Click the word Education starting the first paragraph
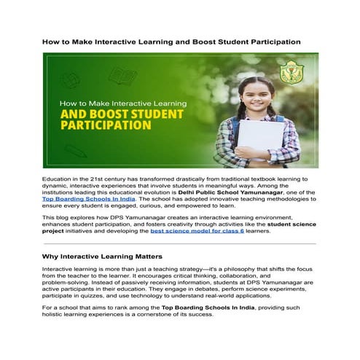[x=60, y=179]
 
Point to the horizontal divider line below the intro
[x=179, y=243]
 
